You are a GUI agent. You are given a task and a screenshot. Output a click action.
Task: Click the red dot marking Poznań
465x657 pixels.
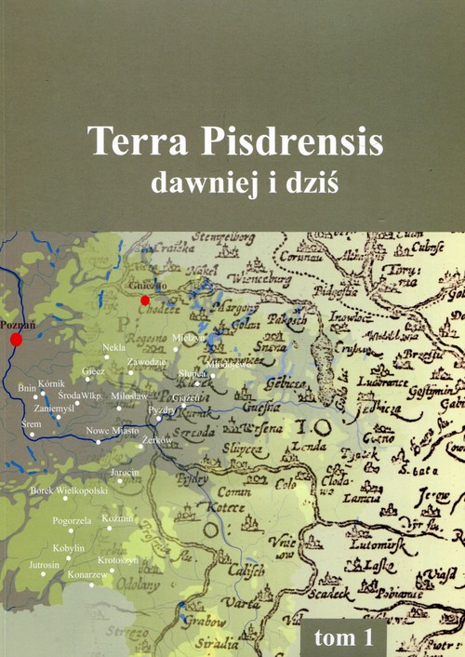16,341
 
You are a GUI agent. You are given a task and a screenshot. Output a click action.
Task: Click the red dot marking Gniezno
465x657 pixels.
144,301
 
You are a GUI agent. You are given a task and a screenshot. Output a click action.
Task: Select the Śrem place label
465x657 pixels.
31,422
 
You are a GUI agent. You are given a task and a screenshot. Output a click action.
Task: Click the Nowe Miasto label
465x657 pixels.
112,431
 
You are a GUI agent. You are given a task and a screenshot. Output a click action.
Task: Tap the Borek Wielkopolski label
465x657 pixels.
70,489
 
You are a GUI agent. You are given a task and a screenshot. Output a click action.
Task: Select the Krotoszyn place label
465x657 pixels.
118,560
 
